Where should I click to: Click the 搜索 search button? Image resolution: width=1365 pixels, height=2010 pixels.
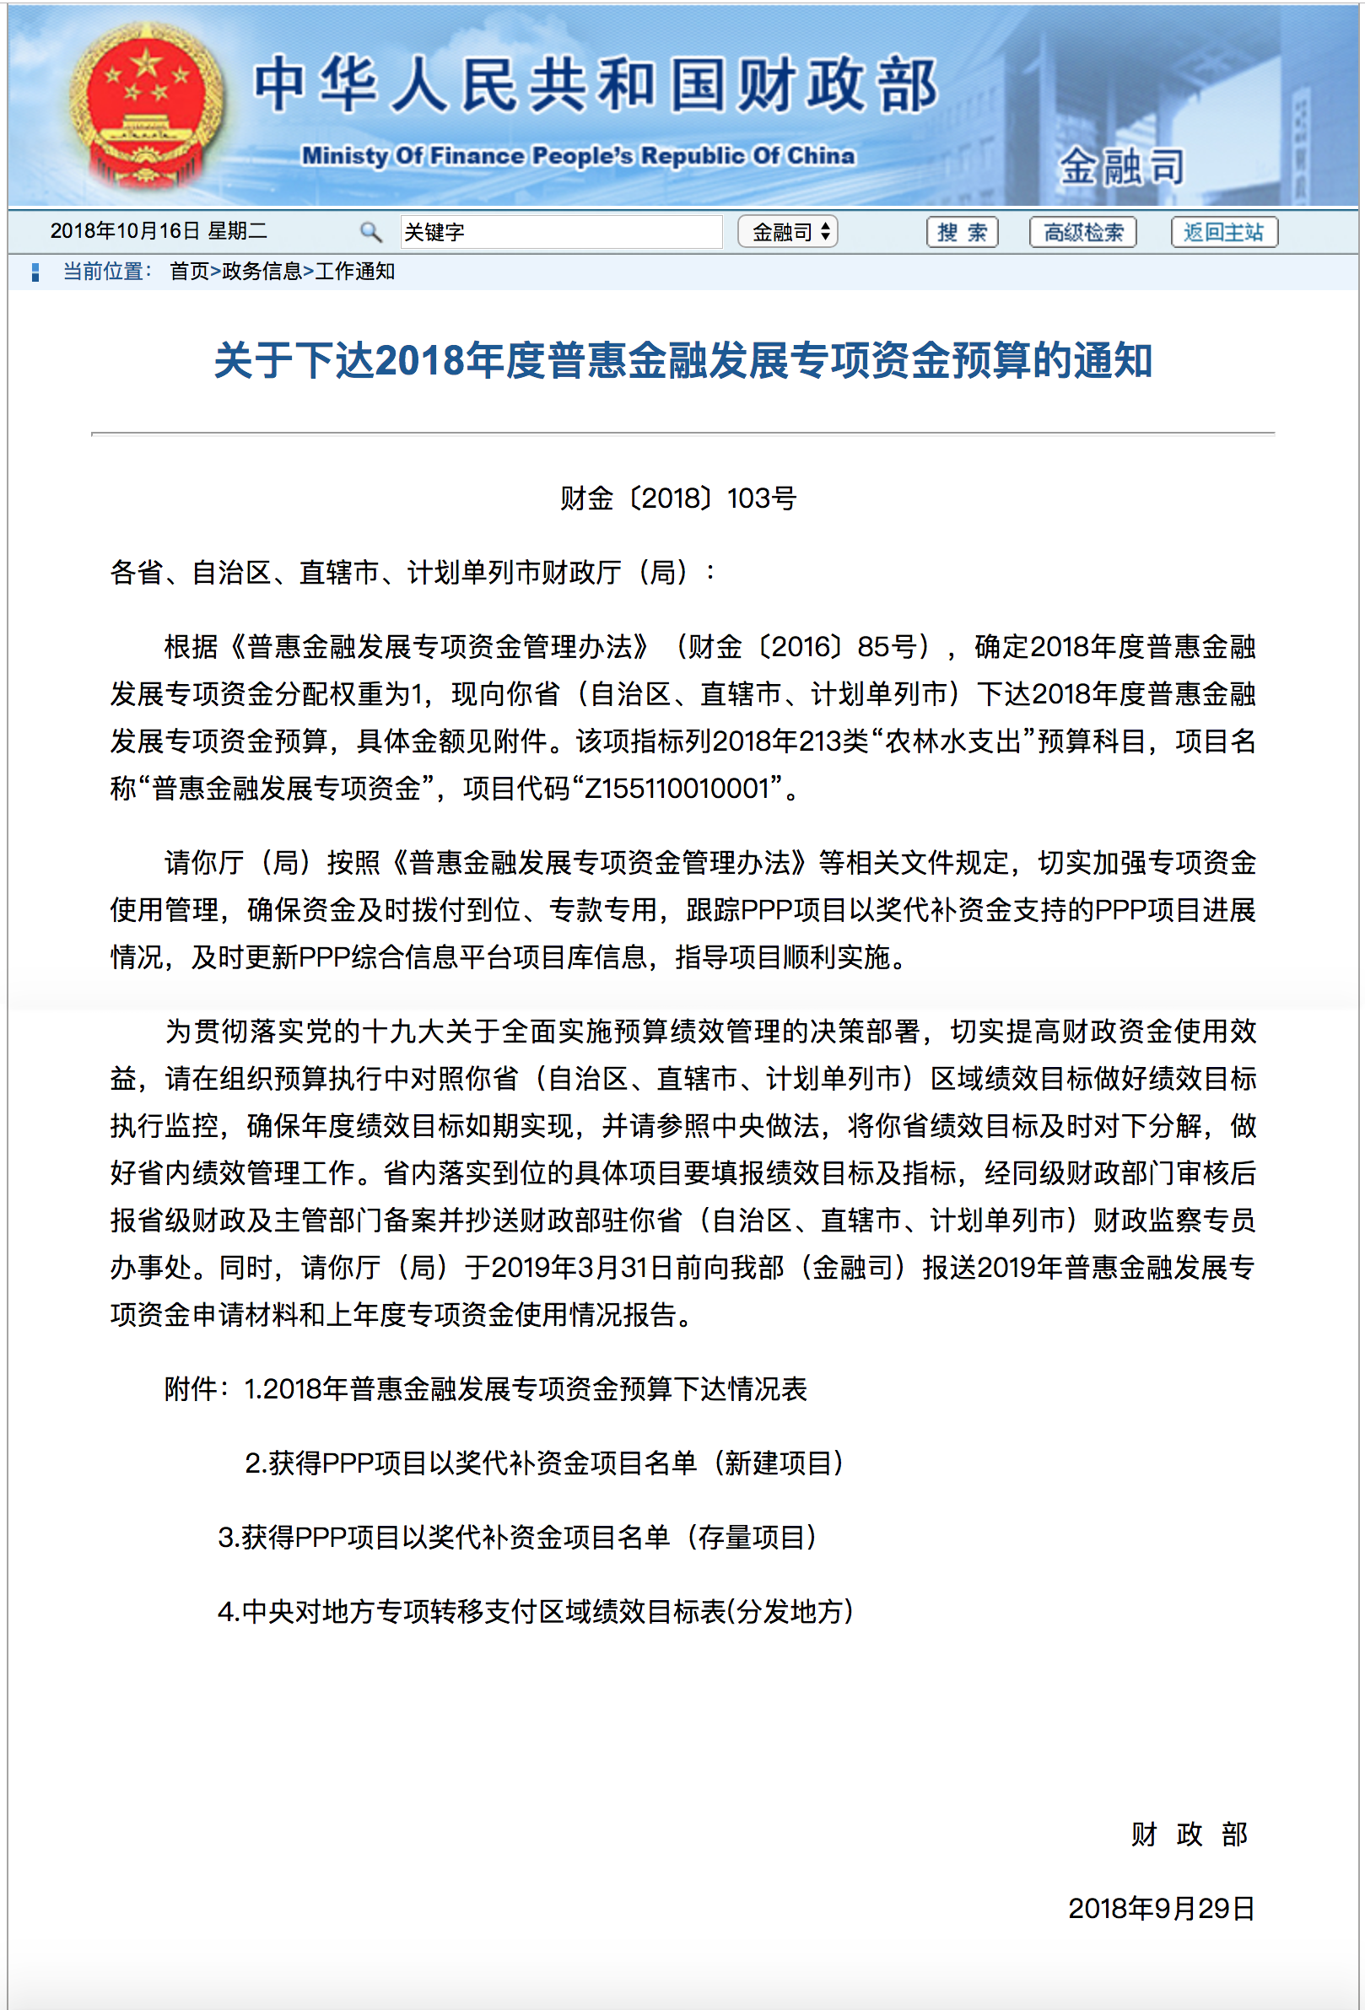tap(961, 232)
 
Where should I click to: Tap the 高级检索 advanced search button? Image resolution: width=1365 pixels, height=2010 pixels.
tap(1082, 232)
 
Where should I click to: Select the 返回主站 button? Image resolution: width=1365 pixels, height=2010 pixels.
tap(1222, 232)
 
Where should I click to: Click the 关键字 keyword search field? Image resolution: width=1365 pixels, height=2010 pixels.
tap(560, 232)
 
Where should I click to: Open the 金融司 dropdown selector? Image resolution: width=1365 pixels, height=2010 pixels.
tap(786, 232)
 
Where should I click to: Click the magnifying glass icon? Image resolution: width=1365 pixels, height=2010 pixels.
tap(370, 232)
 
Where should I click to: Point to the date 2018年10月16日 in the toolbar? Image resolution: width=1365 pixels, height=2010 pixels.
tap(125, 231)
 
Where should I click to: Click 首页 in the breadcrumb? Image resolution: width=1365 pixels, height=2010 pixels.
tap(190, 272)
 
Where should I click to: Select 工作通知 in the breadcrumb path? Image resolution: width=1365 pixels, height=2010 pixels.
tap(354, 272)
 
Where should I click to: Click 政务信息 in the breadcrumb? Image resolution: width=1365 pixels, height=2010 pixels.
tap(262, 272)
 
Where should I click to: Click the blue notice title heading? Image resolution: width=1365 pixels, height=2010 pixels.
tap(682, 361)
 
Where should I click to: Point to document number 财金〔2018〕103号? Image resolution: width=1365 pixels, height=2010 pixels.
tap(678, 498)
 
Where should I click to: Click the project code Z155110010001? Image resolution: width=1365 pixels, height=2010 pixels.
tap(677, 788)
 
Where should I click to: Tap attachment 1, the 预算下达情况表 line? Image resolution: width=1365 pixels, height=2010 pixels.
tap(525, 1388)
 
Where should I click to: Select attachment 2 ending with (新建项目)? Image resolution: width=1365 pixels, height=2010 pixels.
tap(544, 1463)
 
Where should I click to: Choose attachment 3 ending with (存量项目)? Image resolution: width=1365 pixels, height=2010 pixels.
tap(517, 1537)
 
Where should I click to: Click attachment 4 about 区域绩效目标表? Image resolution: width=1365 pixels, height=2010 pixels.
tap(536, 1611)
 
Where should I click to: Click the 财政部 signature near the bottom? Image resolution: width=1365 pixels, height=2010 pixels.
tap(1189, 1834)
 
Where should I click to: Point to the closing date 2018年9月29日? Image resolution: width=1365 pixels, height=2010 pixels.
tap(1161, 1908)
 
